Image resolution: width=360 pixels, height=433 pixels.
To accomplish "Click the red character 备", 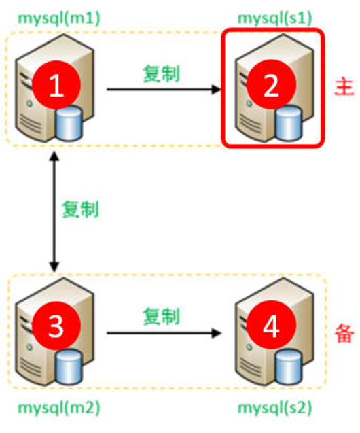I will point(342,331).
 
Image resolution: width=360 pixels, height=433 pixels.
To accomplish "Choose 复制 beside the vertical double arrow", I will point(80,208).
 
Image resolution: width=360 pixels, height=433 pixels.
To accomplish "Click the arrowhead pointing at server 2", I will point(218,90).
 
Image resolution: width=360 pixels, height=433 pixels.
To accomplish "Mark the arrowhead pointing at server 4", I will point(218,333).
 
